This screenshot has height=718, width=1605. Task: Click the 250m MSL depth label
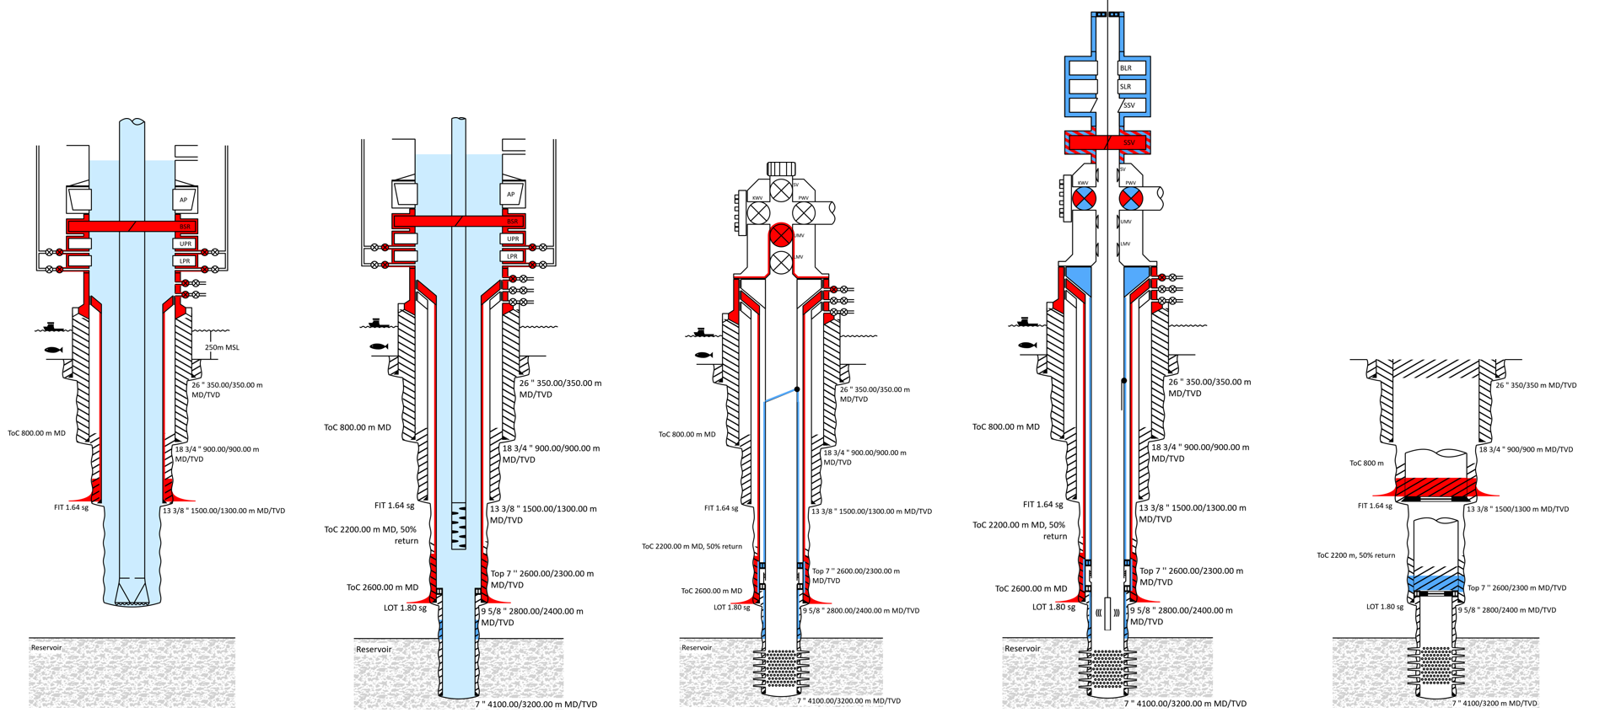click(222, 347)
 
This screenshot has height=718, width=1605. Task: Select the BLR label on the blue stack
click(1126, 68)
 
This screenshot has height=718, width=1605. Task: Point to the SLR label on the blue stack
click(1126, 87)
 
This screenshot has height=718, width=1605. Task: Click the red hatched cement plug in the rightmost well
click(1435, 488)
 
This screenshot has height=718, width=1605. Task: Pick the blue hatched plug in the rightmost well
click(1436, 582)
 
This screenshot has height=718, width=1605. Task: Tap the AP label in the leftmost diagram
click(184, 200)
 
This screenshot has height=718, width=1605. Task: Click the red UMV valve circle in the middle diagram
click(782, 235)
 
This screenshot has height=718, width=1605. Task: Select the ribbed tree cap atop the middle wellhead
click(782, 169)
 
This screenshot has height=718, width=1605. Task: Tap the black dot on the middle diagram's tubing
click(797, 389)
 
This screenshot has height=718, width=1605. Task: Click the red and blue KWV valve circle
click(1084, 199)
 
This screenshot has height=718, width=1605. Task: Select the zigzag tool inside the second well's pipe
click(459, 527)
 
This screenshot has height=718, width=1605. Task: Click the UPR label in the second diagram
click(513, 238)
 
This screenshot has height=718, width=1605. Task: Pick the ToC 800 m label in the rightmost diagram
click(1366, 463)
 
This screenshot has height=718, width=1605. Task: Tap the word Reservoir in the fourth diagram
click(1022, 649)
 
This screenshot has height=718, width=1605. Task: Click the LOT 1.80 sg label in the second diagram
click(405, 608)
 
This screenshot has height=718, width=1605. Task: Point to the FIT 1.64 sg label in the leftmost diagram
click(71, 508)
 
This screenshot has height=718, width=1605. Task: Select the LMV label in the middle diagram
click(798, 257)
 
